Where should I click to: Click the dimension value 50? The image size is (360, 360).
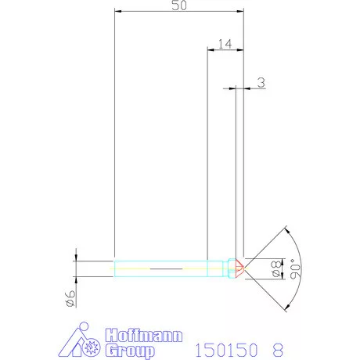pyautogui.click(x=178, y=5)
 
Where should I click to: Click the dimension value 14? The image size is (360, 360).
pyautogui.click(x=225, y=44)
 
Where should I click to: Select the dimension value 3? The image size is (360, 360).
pyautogui.click(x=260, y=81)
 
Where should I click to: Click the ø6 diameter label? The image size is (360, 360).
pyautogui.click(x=69, y=297)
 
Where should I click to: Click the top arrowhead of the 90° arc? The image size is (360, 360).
pyautogui.click(x=287, y=229)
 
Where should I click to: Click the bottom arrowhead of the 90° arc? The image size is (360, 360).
pyautogui.click(x=287, y=308)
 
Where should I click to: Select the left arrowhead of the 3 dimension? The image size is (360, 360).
pyautogui.click(x=232, y=88)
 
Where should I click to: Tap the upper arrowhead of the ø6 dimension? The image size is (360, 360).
pyautogui.click(x=76, y=256)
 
